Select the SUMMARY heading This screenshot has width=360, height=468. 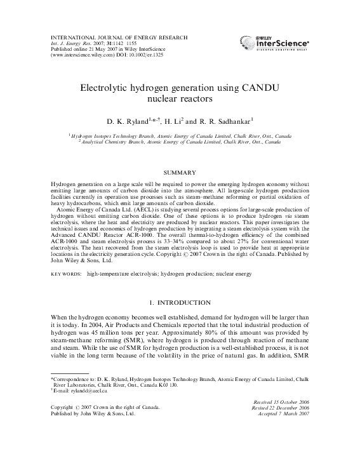pos(180,173)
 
